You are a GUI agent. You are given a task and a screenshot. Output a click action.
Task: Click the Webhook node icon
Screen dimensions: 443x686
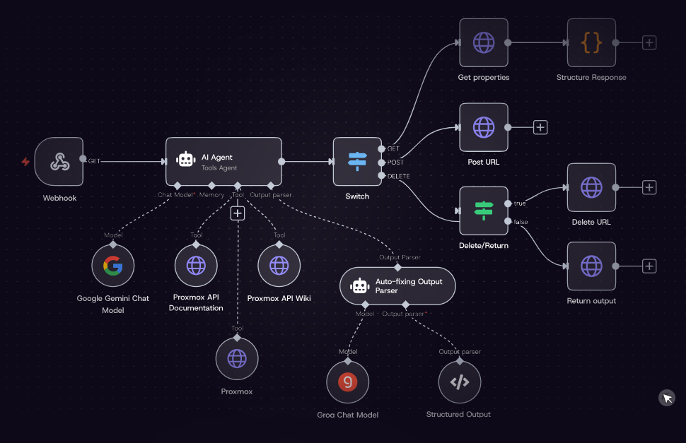[x=59, y=162]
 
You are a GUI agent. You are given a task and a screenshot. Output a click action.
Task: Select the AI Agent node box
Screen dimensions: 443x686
[x=223, y=162]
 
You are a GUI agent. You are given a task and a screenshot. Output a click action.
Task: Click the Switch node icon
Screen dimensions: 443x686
[x=357, y=162]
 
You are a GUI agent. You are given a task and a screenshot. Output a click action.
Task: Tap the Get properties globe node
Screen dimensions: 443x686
[x=484, y=43]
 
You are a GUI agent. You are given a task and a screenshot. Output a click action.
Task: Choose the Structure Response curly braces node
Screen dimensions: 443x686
[x=591, y=43]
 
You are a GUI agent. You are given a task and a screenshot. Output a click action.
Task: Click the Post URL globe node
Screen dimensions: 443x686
[x=484, y=127]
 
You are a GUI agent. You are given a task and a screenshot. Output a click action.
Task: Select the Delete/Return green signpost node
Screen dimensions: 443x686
[x=484, y=211]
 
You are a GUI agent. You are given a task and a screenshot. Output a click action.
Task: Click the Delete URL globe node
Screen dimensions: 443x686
[x=591, y=187]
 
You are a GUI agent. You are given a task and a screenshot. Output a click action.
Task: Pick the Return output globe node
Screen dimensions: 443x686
[x=591, y=266]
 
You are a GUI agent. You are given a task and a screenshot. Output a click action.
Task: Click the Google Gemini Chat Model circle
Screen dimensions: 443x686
[x=113, y=266]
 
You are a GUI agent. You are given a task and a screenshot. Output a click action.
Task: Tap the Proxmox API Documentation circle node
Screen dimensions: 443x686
[x=196, y=266]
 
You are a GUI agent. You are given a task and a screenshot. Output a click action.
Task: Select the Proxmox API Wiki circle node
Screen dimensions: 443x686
[x=279, y=266]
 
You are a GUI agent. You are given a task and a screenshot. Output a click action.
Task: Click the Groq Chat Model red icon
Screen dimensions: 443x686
[x=347, y=382]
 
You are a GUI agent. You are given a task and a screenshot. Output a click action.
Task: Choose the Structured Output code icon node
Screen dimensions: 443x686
[x=459, y=382]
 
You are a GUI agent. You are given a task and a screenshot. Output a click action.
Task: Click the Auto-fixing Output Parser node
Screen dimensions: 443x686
[x=397, y=285]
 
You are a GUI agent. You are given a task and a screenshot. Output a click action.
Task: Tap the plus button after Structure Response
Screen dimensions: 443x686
[x=649, y=43]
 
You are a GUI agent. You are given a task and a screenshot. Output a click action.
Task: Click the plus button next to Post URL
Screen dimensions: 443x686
[x=540, y=127]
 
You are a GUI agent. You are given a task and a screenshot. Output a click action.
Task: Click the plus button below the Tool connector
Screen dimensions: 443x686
[x=238, y=213]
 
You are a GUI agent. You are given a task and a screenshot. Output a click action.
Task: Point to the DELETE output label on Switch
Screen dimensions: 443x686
[x=399, y=176]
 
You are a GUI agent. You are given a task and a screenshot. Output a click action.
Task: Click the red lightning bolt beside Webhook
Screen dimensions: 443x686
[x=25, y=162]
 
